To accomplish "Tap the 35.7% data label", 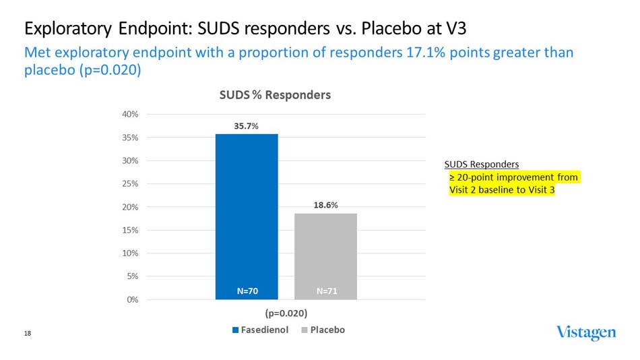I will [247, 125].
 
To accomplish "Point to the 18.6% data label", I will [325, 205].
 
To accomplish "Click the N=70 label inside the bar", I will [247, 291].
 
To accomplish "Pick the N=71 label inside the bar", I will [327, 291].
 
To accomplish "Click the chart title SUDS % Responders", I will [275, 95].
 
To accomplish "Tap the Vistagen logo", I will [585, 332].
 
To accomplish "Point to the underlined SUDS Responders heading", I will [481, 164].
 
